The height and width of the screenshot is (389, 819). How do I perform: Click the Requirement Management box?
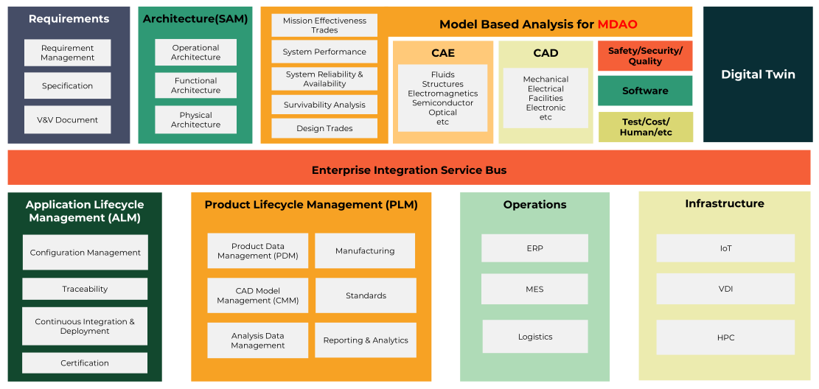tap(67, 53)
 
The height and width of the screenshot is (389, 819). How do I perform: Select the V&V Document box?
tap(67, 120)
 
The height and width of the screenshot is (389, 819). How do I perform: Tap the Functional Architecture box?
tap(195, 85)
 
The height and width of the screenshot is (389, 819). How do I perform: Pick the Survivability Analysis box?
tap(324, 105)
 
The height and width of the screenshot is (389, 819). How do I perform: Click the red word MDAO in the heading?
tap(617, 24)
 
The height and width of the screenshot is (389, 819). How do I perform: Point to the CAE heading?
tap(443, 53)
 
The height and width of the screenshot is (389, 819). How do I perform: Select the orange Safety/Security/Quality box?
tap(645, 56)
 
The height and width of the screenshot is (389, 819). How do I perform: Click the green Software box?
tap(645, 91)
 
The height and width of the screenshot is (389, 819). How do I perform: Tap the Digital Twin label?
tap(758, 74)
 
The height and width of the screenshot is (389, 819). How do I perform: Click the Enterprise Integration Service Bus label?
tap(409, 170)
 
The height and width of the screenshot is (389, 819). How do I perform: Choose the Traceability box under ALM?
tap(85, 289)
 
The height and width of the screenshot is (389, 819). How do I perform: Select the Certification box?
tap(85, 362)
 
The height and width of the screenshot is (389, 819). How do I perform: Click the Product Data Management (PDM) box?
tap(257, 251)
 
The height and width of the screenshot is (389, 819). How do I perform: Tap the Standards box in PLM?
tap(366, 295)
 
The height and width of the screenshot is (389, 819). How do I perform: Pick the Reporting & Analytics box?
tap(366, 340)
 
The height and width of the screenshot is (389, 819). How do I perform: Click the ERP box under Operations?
tap(534, 248)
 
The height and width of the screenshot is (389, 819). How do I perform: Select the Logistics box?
tap(535, 337)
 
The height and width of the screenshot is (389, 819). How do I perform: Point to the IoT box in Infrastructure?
tap(725, 248)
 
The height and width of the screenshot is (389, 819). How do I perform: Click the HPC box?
tap(725, 337)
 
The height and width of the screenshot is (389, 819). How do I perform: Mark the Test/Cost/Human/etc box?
tap(645, 127)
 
